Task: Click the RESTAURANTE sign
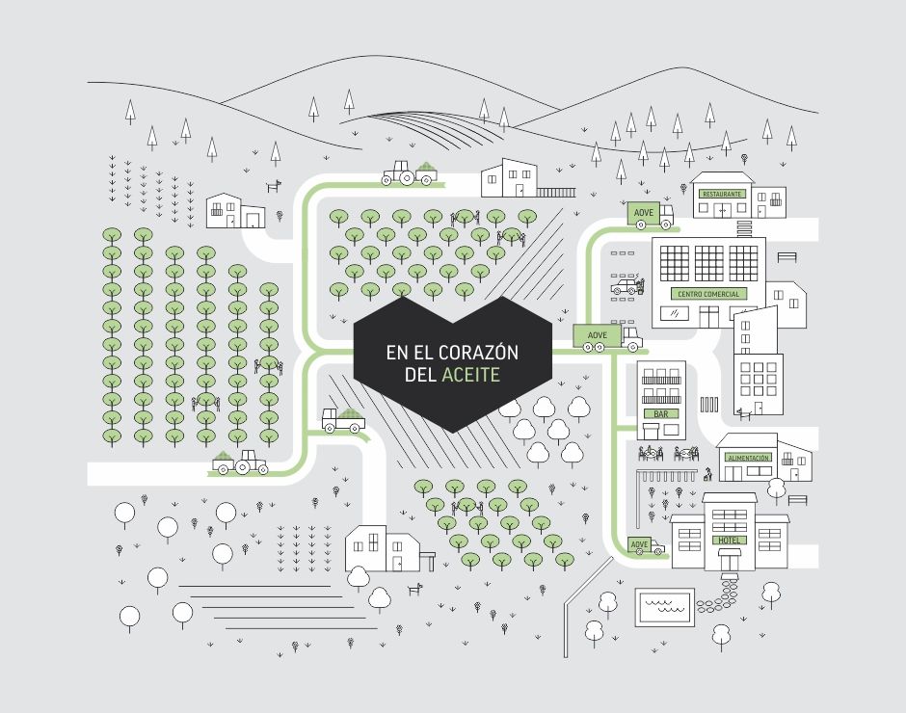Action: point(722,194)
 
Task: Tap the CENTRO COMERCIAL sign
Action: point(708,294)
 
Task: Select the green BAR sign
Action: point(661,413)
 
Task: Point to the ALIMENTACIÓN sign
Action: point(748,458)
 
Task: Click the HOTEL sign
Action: point(730,541)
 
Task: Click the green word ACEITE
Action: point(470,375)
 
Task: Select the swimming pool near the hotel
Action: point(664,607)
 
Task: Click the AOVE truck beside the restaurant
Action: point(651,215)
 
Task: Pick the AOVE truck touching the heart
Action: point(608,338)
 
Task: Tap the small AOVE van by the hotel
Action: point(646,546)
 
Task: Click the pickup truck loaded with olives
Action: point(343,420)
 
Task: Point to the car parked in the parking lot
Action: point(626,285)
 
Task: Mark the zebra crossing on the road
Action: point(709,404)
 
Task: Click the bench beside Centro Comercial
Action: point(787,256)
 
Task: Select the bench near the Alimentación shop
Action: point(797,500)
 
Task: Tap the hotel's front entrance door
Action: point(730,559)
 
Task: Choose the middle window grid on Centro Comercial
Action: point(708,263)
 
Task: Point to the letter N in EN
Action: point(399,352)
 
